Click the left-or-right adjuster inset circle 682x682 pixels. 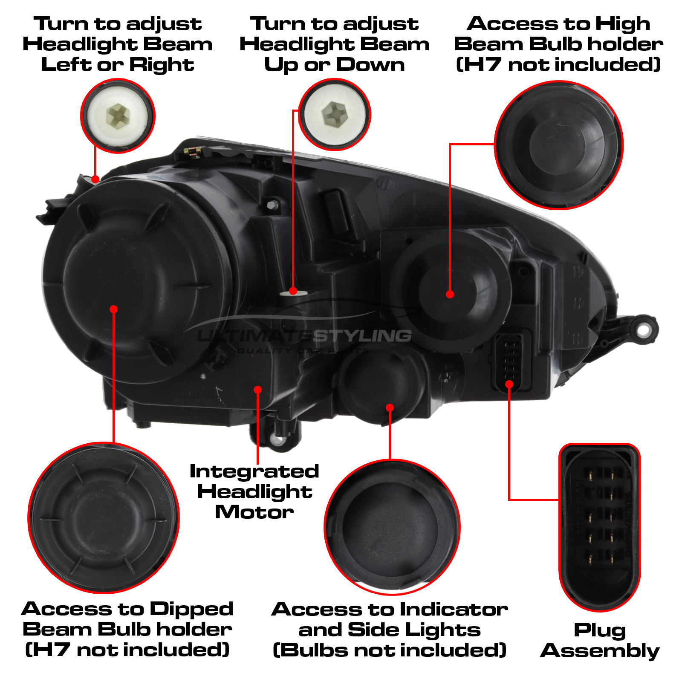click(x=118, y=116)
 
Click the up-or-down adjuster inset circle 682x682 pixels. click(x=335, y=114)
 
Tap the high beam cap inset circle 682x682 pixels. click(x=559, y=145)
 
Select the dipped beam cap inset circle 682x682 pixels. click(x=104, y=517)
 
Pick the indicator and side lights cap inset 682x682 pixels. click(x=392, y=527)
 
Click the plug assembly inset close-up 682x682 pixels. click(x=599, y=527)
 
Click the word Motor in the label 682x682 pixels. click(x=254, y=512)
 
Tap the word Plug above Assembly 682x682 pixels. click(x=599, y=630)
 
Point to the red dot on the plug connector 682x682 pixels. click(x=509, y=384)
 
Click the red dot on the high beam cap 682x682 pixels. click(x=450, y=294)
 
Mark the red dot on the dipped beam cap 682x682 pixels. click(x=113, y=309)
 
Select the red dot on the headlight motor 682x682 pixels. click(x=257, y=390)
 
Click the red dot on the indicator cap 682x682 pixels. click(x=390, y=408)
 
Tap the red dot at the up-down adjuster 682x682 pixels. click(x=293, y=291)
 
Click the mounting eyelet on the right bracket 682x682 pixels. click(x=644, y=329)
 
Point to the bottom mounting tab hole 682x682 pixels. click(x=278, y=439)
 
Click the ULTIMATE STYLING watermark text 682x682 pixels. click(x=303, y=336)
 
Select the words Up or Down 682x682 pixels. click(x=335, y=65)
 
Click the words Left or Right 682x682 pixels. click(x=118, y=65)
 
